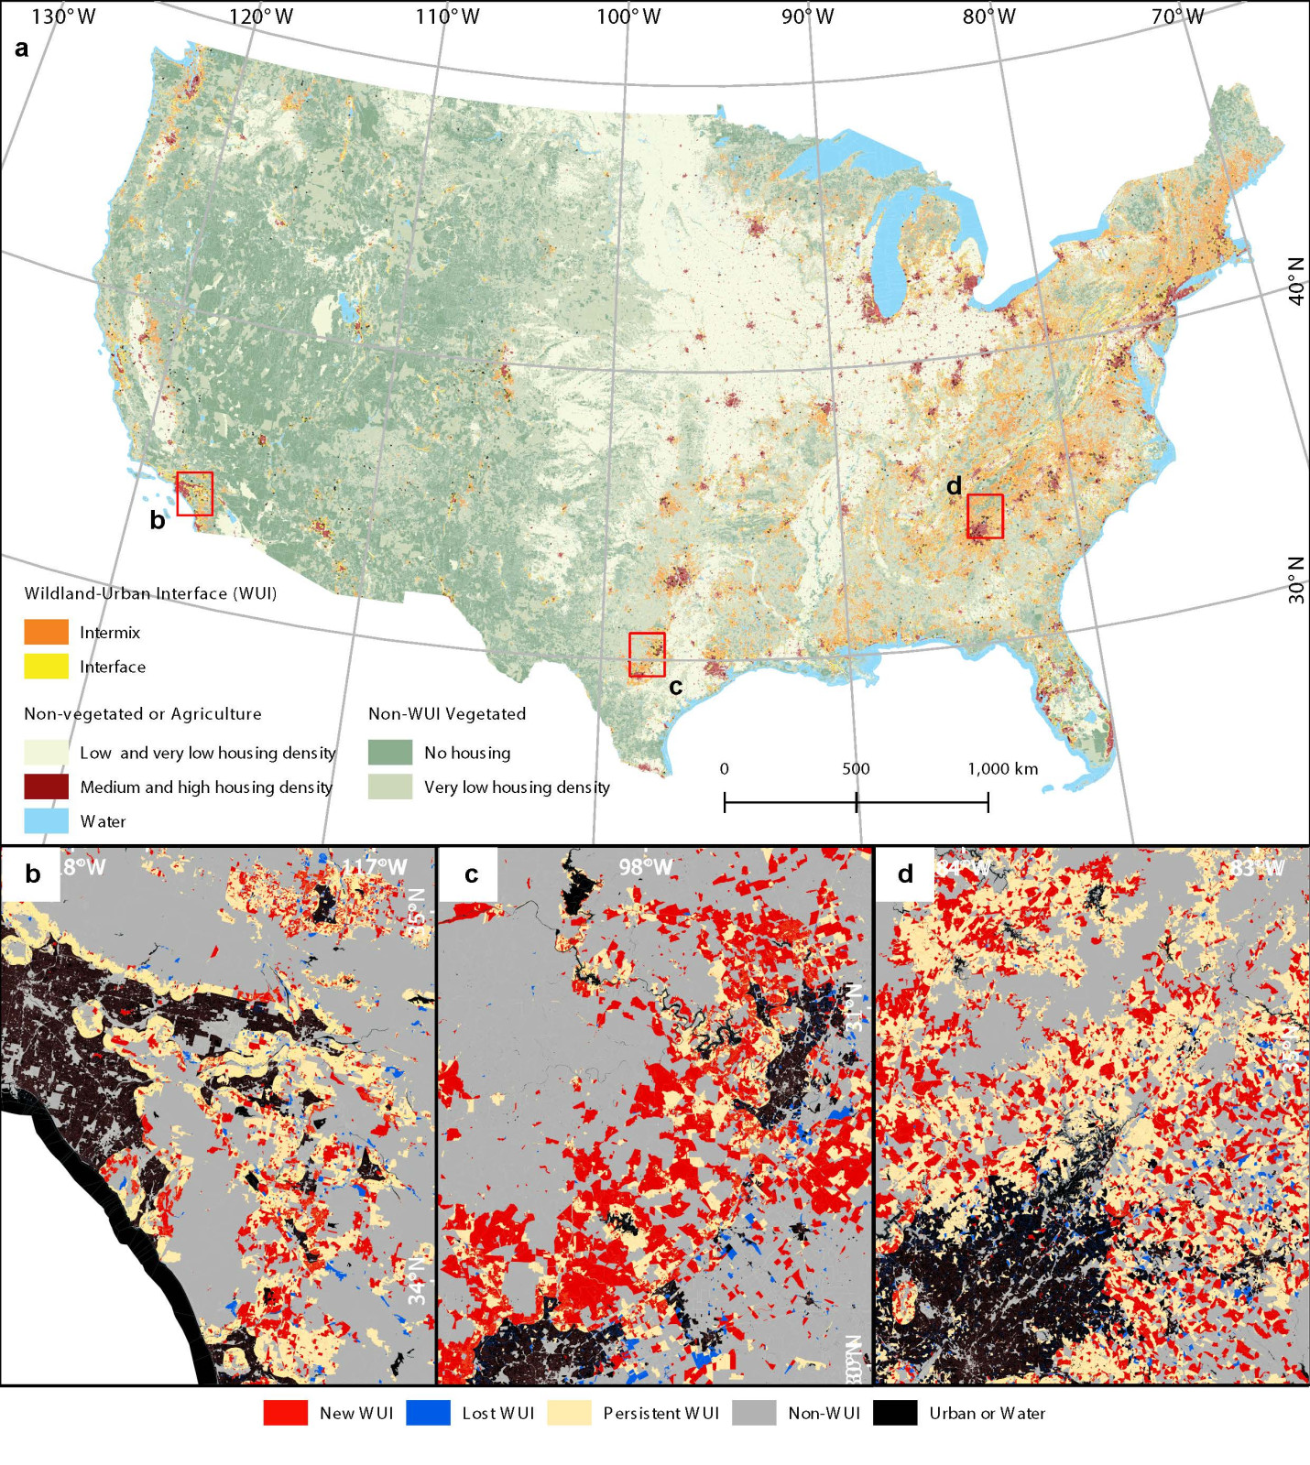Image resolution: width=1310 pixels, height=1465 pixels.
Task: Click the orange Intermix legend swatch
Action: click(x=46, y=632)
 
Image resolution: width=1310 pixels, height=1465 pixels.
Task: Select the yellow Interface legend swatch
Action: click(x=46, y=666)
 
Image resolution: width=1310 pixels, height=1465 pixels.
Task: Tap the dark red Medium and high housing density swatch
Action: click(x=46, y=787)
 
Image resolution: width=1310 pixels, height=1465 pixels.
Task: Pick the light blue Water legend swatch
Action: click(x=46, y=820)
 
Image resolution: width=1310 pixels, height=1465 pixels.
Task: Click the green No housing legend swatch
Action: click(x=390, y=753)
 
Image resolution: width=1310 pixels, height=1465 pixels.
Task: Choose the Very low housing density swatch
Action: click(x=390, y=787)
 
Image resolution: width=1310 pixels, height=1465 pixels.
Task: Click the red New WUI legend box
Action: click(x=285, y=1413)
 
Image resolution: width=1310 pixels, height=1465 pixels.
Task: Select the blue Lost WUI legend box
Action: click(x=428, y=1413)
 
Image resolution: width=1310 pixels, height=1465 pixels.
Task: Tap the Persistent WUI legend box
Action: click(x=569, y=1413)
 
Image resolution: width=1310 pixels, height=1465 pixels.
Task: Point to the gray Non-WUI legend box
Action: click(x=754, y=1413)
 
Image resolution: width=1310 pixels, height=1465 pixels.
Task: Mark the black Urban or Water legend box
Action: click(x=895, y=1413)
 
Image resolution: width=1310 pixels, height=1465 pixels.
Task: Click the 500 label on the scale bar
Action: click(x=856, y=768)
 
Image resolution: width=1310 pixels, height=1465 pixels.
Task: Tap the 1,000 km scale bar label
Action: click(x=1002, y=768)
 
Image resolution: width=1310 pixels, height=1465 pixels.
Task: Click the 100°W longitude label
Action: click(x=628, y=16)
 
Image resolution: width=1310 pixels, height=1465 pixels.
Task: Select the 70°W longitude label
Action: click(x=1177, y=16)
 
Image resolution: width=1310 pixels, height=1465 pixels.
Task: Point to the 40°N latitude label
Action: click(x=1296, y=281)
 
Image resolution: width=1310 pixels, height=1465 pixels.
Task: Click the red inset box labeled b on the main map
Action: click(x=194, y=494)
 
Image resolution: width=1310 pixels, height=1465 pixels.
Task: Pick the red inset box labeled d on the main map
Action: click(x=985, y=515)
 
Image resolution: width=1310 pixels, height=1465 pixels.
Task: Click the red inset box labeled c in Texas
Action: click(x=647, y=655)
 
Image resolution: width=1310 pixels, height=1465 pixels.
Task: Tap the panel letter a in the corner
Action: click(x=21, y=49)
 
